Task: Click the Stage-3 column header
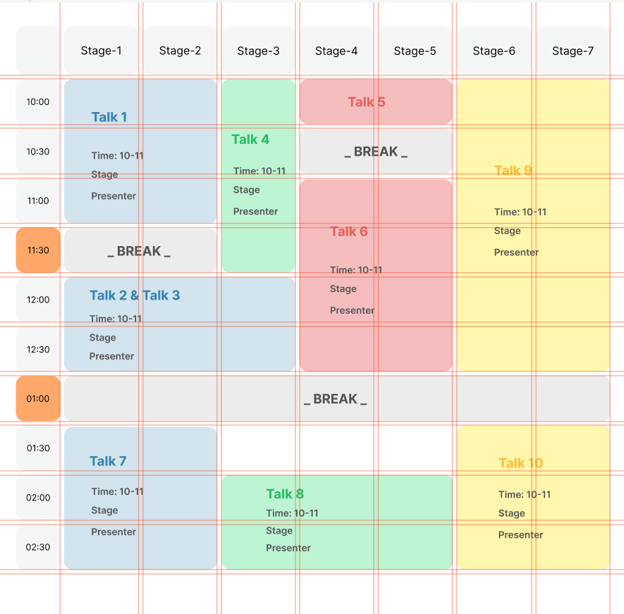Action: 258,51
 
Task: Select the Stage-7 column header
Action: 573,51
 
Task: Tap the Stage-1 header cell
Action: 101,51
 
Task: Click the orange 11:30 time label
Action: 38,250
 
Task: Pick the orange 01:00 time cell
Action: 38,399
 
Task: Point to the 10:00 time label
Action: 38,102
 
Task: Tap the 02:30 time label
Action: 38,547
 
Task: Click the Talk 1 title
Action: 109,117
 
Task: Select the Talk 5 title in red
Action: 367,102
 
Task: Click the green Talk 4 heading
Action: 250,140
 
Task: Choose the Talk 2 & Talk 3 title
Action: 135,295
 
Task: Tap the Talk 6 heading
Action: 349,232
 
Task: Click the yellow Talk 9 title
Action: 513,171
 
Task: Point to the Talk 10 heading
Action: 521,463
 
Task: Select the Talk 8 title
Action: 285,494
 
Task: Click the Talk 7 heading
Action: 108,462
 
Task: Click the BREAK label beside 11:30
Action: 139,252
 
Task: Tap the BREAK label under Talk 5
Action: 376,152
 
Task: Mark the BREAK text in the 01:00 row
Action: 335,399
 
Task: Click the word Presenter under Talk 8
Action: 288,548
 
